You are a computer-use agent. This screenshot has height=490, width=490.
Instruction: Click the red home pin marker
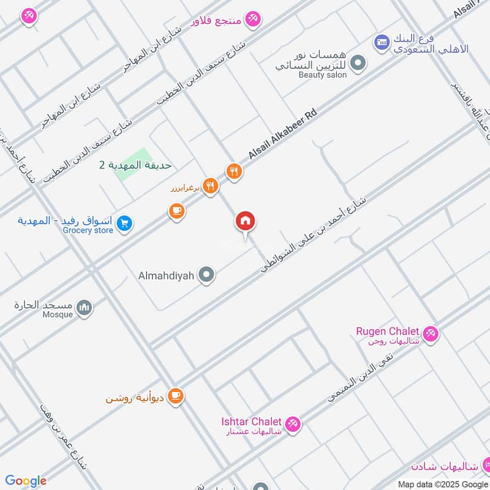click(x=246, y=222)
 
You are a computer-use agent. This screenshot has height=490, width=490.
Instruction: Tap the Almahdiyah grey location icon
click(x=207, y=275)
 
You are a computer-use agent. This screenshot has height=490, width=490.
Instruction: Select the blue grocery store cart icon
click(x=124, y=224)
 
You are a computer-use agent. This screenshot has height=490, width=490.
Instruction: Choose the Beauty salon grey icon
click(x=359, y=62)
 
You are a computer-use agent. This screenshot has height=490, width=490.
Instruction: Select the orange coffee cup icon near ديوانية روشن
click(x=176, y=396)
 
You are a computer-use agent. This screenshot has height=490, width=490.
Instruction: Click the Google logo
click(x=26, y=481)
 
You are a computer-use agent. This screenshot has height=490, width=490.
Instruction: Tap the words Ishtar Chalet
click(x=251, y=421)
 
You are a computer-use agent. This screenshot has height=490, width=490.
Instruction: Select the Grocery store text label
click(x=88, y=230)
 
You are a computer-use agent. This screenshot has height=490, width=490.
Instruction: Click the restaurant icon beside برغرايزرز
click(x=210, y=186)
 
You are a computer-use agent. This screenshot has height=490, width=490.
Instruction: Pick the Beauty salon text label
click(x=323, y=75)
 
